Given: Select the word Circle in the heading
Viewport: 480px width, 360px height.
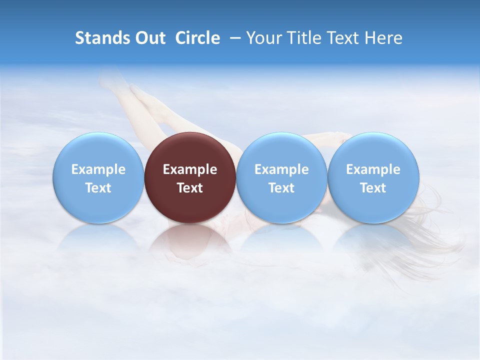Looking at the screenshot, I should (197, 38).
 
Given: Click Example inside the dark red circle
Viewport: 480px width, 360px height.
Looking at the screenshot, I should (190, 169).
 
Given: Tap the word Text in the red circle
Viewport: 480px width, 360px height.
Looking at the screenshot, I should (190, 188).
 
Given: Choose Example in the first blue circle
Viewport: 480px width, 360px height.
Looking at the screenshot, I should (98, 169).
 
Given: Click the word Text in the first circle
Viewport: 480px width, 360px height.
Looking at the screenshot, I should (98, 188).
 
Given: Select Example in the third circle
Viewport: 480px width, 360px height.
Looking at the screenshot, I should (281, 169).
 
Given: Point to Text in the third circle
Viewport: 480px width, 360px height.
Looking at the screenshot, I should (281, 188).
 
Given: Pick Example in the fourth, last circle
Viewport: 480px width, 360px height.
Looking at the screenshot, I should (373, 169).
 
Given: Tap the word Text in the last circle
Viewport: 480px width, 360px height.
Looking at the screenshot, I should (373, 188).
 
